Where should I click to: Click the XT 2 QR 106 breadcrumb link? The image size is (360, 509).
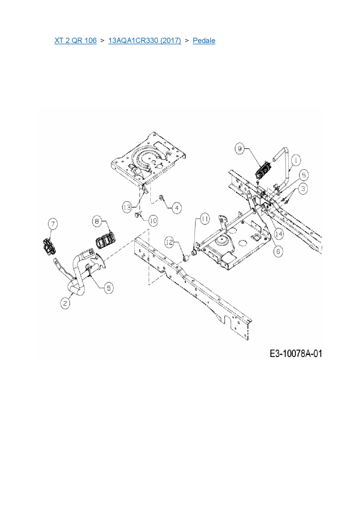(x=75, y=40)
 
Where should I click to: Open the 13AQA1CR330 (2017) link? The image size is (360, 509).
(x=145, y=40)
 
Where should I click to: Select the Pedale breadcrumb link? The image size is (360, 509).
(x=204, y=40)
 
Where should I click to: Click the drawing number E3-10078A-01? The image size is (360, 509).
(x=296, y=353)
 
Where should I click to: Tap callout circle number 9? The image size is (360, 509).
(x=240, y=149)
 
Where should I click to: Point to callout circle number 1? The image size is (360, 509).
(x=296, y=160)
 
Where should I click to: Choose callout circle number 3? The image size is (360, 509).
(x=303, y=189)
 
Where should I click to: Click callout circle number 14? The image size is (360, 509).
(x=279, y=234)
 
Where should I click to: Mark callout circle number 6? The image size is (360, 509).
(x=278, y=251)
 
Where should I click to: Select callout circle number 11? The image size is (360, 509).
(x=205, y=219)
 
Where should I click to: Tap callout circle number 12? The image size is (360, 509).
(x=170, y=242)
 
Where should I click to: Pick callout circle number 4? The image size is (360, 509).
(x=177, y=208)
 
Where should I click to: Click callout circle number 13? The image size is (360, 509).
(x=127, y=207)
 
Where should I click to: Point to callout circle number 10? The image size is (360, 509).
(x=153, y=221)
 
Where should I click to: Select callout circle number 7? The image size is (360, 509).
(x=53, y=224)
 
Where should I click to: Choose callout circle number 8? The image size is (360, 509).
(x=97, y=222)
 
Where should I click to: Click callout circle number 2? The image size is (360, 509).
(x=65, y=304)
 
